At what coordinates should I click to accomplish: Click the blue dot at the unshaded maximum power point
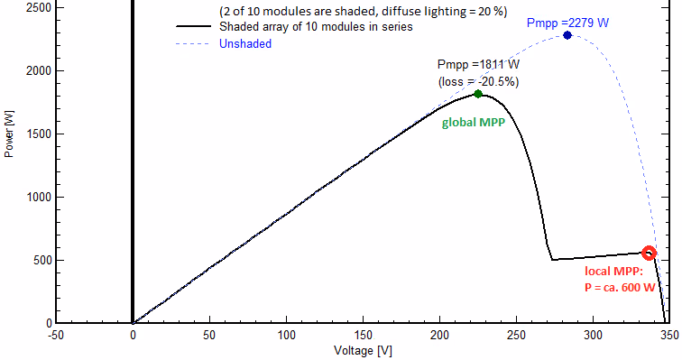tap(567, 35)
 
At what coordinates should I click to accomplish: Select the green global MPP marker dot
tap(478, 94)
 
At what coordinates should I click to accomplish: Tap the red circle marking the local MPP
tap(649, 253)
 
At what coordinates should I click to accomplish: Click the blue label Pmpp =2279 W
tap(567, 23)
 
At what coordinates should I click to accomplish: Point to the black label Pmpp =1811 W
tap(478, 65)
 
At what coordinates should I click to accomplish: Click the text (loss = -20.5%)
tap(478, 82)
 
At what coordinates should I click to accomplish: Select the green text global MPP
tap(474, 123)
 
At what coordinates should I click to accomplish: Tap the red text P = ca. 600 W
tap(620, 288)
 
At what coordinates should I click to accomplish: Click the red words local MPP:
tap(613, 272)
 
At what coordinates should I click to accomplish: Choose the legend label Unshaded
tap(245, 44)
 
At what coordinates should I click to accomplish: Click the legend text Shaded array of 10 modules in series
tap(316, 27)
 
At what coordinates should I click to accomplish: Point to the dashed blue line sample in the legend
tap(193, 44)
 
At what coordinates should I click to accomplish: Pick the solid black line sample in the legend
tap(194, 26)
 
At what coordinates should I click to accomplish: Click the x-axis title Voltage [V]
tap(363, 351)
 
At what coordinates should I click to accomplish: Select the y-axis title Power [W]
tap(9, 134)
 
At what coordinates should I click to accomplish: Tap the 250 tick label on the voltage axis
tap(516, 336)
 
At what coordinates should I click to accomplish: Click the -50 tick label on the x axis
tap(55, 336)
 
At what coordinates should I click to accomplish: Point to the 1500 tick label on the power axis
tap(39, 134)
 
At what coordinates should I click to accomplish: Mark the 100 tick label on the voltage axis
tap(286, 336)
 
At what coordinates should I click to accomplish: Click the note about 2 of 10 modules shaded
tap(364, 11)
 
